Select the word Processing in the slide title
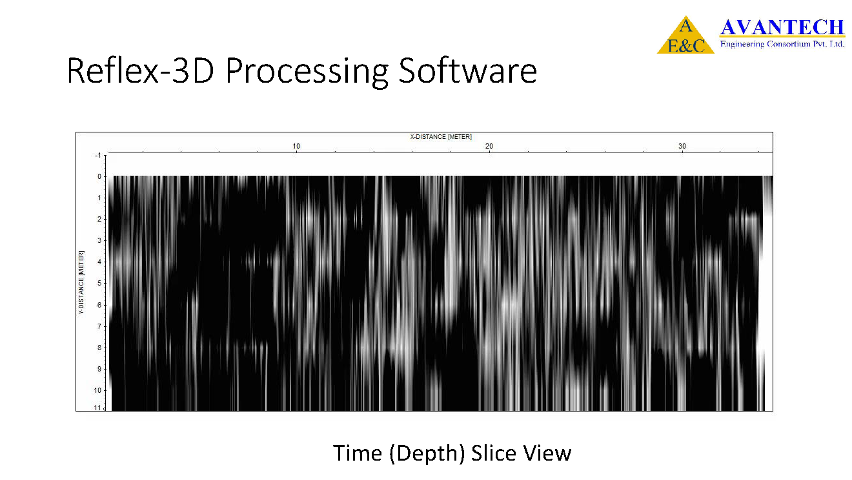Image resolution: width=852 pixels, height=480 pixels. (307, 73)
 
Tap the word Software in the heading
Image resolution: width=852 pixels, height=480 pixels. (467, 70)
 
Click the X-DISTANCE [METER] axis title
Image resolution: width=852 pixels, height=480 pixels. (441, 137)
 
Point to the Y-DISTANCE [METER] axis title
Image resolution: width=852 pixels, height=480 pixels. (81, 282)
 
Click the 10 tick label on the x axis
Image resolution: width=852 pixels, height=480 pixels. (296, 146)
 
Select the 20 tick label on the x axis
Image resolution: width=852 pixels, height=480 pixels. (489, 146)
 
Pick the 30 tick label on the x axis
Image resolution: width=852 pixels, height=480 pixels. (682, 146)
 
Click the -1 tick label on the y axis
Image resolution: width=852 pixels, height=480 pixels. (97, 155)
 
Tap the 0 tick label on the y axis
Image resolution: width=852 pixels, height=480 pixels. (99, 176)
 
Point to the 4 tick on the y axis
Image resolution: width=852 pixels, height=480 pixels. (99, 262)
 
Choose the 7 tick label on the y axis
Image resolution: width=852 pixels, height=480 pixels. (99, 326)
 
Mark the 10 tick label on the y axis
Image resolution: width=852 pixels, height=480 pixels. (97, 390)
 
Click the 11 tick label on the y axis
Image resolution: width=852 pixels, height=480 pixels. (97, 408)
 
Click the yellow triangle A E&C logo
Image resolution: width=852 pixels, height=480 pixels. (685, 35)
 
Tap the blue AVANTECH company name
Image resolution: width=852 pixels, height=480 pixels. (782, 27)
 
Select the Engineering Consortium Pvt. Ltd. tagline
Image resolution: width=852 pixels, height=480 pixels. (782, 44)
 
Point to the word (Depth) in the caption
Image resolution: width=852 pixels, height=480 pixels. (427, 454)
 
